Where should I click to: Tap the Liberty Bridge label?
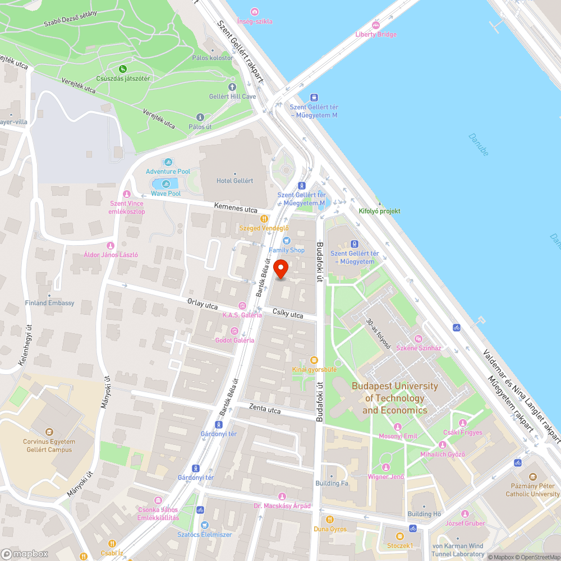pyautogui.click(x=375, y=34)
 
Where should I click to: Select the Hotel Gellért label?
pyautogui.click(x=234, y=181)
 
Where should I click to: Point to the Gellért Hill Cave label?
pyautogui.click(x=232, y=96)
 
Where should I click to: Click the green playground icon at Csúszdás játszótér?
pyautogui.click(x=122, y=69)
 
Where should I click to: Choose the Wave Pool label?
pyautogui.click(x=165, y=194)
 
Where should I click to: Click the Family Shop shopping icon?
pyautogui.click(x=286, y=240)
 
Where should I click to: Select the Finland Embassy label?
pyautogui.click(x=49, y=303)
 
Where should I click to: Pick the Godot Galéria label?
pyautogui.click(x=234, y=340)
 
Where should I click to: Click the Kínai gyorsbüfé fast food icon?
pyautogui.click(x=314, y=360)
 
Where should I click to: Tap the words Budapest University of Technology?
pyautogui.click(x=394, y=392)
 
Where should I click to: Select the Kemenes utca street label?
pyautogui.click(x=236, y=208)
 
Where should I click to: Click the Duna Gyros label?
pyautogui.click(x=330, y=528)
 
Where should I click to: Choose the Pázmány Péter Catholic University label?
pyautogui.click(x=532, y=490)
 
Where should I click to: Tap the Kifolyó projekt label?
pyautogui.click(x=379, y=211)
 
